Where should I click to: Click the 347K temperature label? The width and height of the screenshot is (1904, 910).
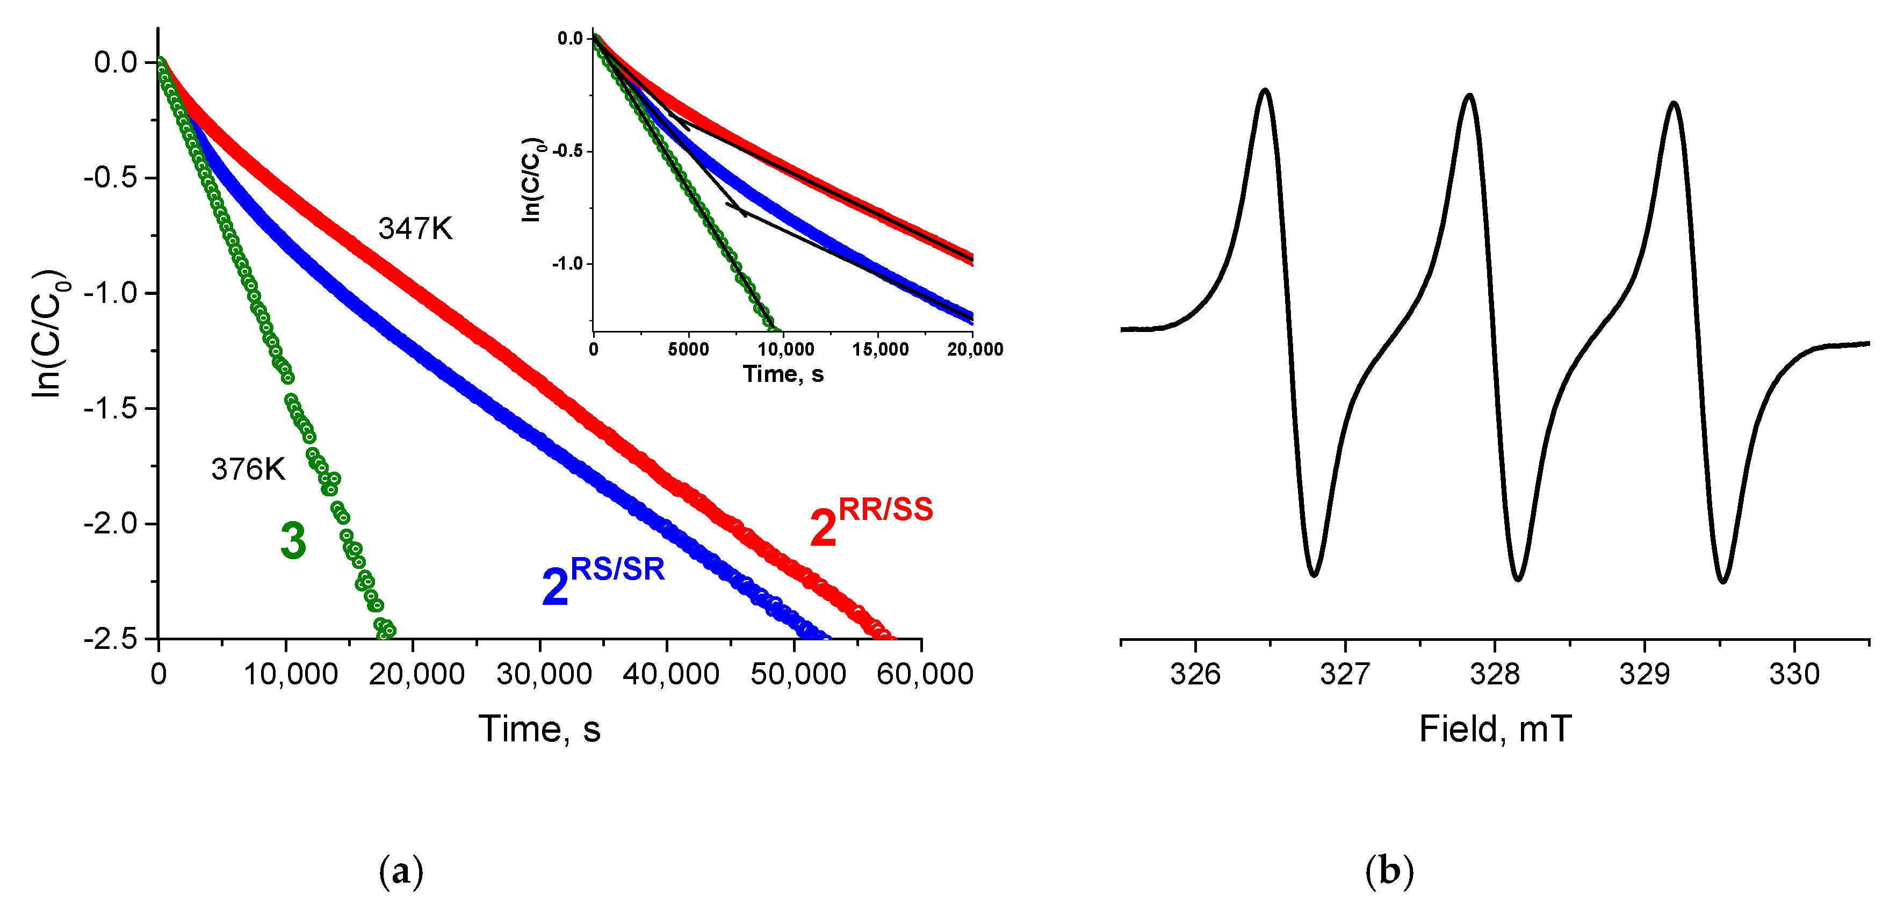coord(415,229)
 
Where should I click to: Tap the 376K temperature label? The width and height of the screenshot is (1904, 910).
coord(248,470)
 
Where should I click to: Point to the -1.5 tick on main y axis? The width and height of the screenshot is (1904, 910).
coord(110,408)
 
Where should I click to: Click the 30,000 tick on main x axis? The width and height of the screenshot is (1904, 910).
coord(543,674)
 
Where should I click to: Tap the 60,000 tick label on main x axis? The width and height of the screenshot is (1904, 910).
coord(924,674)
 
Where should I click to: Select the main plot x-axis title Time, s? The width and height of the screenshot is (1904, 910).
coord(539,730)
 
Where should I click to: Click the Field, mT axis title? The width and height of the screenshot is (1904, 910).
coord(1495,730)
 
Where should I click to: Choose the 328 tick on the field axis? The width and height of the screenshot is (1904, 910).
coord(1495,674)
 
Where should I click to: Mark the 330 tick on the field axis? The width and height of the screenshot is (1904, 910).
coord(1794,674)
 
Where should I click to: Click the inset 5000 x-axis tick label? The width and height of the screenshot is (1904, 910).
coord(688,350)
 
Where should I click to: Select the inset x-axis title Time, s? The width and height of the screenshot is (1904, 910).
coord(783,374)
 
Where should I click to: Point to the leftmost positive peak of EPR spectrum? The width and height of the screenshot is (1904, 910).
coord(1265,91)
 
